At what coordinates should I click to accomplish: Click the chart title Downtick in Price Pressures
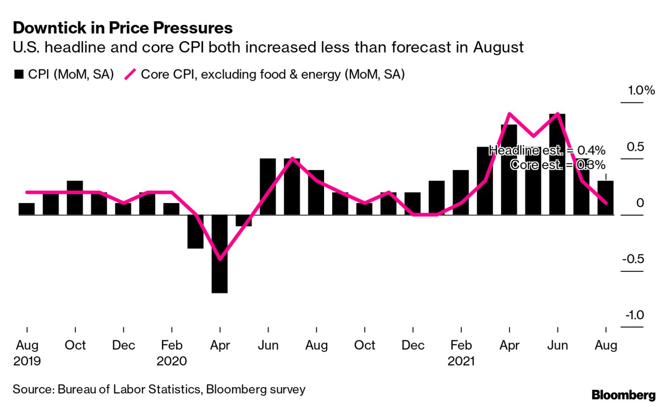tap(123, 28)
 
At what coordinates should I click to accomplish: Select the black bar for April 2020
tap(219, 254)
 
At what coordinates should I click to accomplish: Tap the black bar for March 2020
tap(196, 231)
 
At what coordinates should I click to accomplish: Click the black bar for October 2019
tap(75, 198)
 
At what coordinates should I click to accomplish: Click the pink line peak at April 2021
tap(510, 113)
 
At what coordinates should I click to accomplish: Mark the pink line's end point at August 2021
tap(606, 203)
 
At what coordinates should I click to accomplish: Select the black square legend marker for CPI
tap(19, 74)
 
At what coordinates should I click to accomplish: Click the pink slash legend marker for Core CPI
tap(130, 74)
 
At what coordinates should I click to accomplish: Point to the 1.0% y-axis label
tap(641, 91)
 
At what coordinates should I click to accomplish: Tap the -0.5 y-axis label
tap(633, 259)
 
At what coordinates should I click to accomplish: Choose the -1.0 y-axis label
tap(635, 315)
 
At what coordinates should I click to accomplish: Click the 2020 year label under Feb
tap(172, 361)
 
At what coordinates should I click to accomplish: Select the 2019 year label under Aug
tap(27, 361)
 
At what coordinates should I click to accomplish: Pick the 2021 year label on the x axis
tap(461, 361)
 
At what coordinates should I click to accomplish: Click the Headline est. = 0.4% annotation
tap(547, 150)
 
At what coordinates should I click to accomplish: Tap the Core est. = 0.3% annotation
tap(558, 165)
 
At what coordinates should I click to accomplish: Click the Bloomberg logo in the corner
tap(623, 395)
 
